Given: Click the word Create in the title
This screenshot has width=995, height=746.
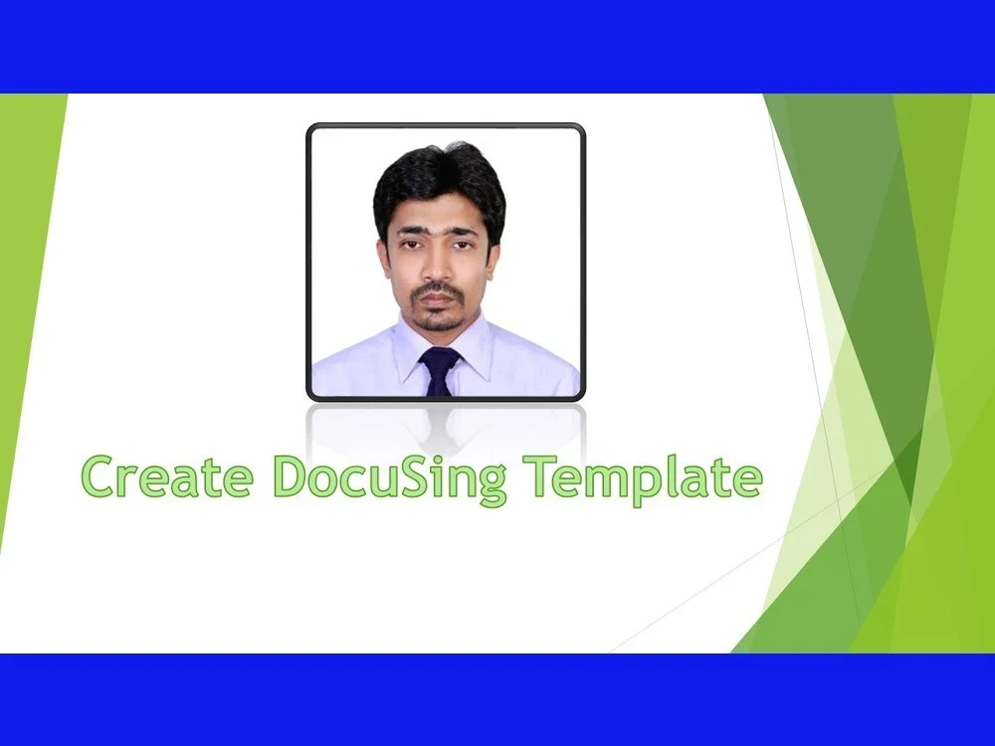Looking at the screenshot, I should pyautogui.click(x=166, y=476).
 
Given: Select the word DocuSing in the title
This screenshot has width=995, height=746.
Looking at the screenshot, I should pyautogui.click(x=389, y=478).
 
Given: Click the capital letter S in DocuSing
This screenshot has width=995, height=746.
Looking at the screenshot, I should pyautogui.click(x=423, y=476).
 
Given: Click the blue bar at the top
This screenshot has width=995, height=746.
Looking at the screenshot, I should pyautogui.click(x=497, y=46).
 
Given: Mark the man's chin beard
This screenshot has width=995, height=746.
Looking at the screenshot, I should pyautogui.click(x=439, y=320).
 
